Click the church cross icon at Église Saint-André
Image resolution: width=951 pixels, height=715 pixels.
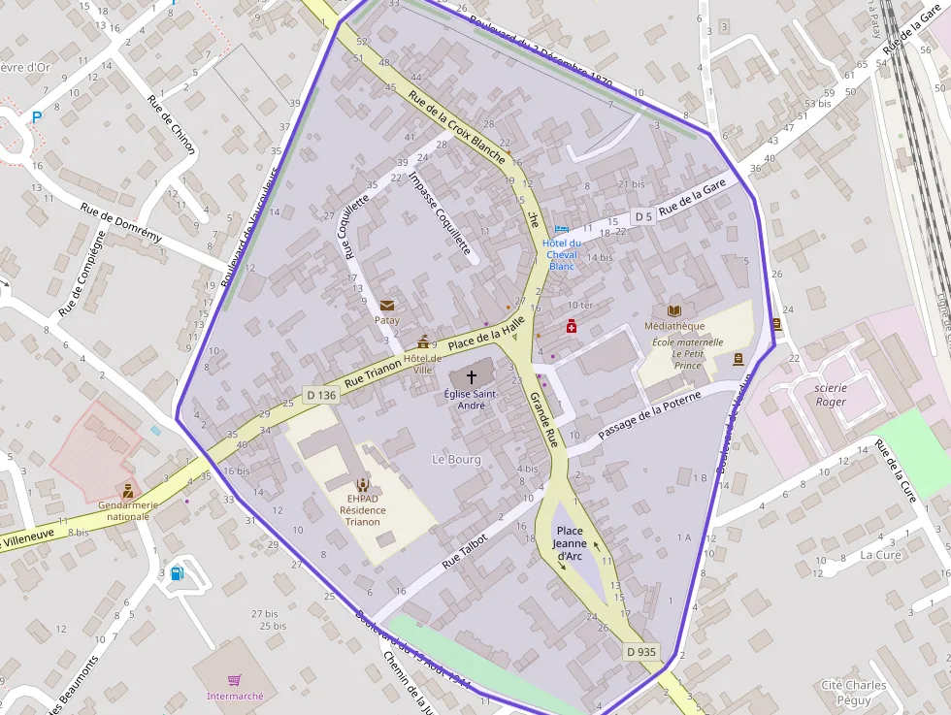pos(472,375)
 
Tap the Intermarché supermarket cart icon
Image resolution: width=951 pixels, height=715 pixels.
pos(235,680)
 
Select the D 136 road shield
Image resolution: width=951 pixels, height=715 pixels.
pos(321,395)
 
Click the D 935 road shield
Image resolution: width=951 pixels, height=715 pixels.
pos(641,652)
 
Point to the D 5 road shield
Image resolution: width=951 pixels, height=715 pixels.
pos(642,216)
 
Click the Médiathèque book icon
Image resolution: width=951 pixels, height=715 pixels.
pos(674,310)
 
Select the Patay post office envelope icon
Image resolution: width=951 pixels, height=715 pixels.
pos(387,305)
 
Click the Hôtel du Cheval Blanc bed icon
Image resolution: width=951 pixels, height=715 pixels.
pos(562,230)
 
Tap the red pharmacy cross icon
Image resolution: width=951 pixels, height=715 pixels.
pos(572,327)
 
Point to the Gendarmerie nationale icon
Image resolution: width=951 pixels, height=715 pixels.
pos(127,491)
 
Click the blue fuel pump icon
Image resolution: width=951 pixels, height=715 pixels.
pos(177,572)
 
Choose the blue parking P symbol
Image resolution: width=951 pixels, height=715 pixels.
pos(38,116)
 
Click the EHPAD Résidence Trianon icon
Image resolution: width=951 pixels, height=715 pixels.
pos(362,483)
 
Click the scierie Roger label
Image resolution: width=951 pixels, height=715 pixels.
pos(831,395)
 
